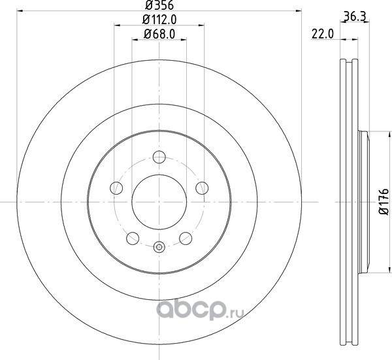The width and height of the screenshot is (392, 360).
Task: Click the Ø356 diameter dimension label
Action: tap(159, 5)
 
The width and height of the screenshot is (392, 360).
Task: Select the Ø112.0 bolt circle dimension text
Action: tap(159, 20)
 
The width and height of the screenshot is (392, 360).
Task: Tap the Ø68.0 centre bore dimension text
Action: tap(159, 34)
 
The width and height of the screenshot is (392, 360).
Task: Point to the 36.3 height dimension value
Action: tap(355, 17)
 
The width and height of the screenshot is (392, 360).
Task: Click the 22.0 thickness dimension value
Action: tap(323, 34)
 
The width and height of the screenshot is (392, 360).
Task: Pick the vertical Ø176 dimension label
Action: tap(384, 202)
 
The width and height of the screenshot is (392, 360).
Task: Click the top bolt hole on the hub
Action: tap(159, 157)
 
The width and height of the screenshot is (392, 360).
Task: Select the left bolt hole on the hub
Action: tap(116, 188)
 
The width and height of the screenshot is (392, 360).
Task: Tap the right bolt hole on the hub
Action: tap(202, 188)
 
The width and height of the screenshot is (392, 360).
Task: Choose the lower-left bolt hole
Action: tap(133, 238)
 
